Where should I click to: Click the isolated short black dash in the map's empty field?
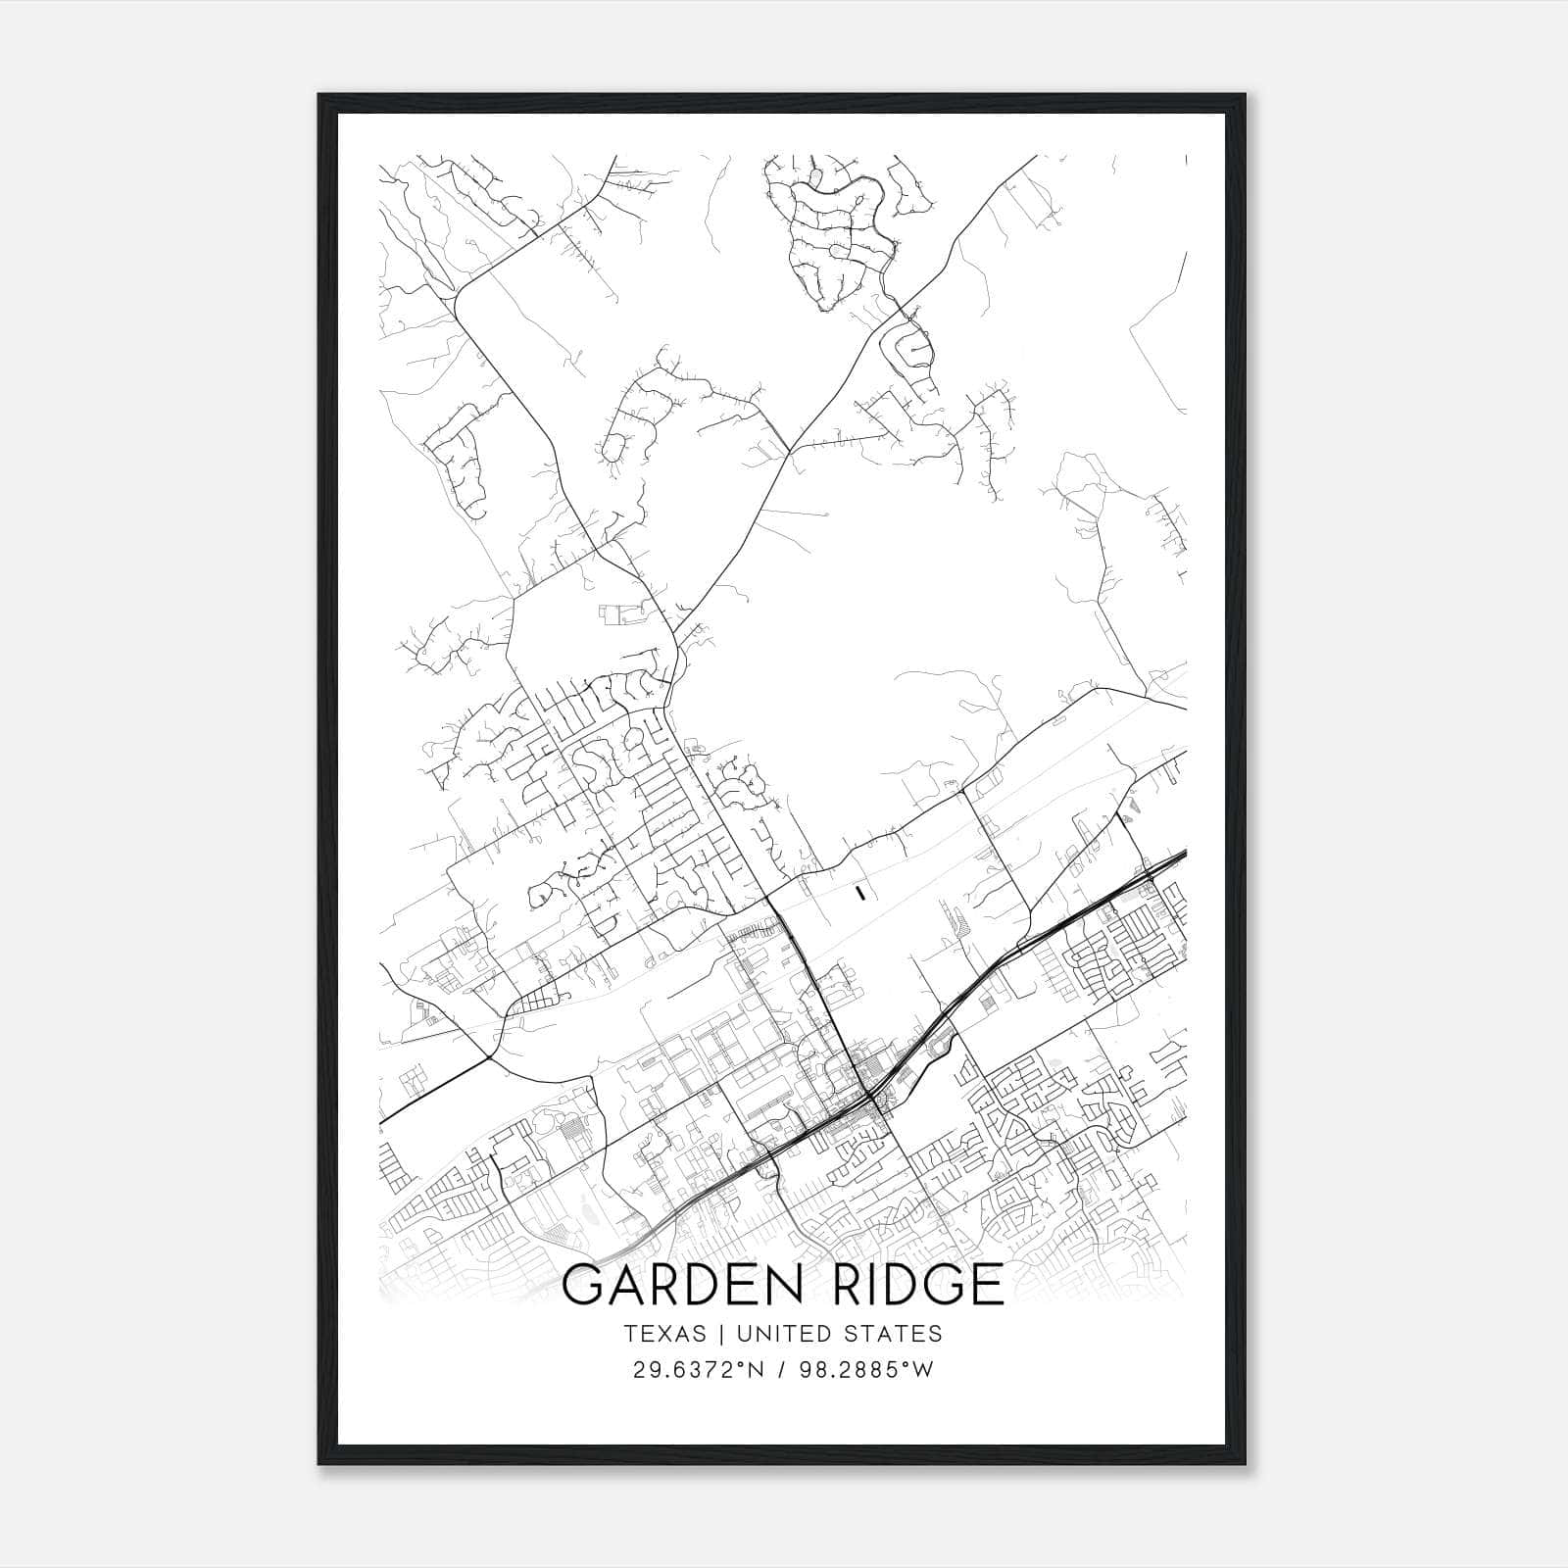pyautogui.click(x=859, y=892)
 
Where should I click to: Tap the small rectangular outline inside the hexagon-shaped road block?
pyautogui.click(x=617, y=614)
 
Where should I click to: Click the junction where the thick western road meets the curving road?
pyautogui.click(x=489, y=1057)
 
